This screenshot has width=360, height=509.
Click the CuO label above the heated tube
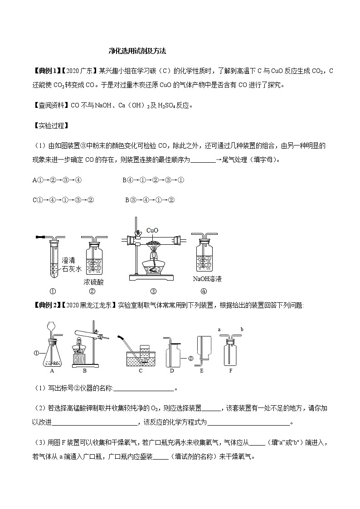click(x=152, y=231)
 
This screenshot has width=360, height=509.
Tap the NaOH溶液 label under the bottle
click(x=207, y=279)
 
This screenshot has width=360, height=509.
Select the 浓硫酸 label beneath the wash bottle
click(x=94, y=282)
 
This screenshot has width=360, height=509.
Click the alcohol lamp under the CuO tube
click(x=152, y=262)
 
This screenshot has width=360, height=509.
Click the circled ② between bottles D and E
click(x=191, y=358)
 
